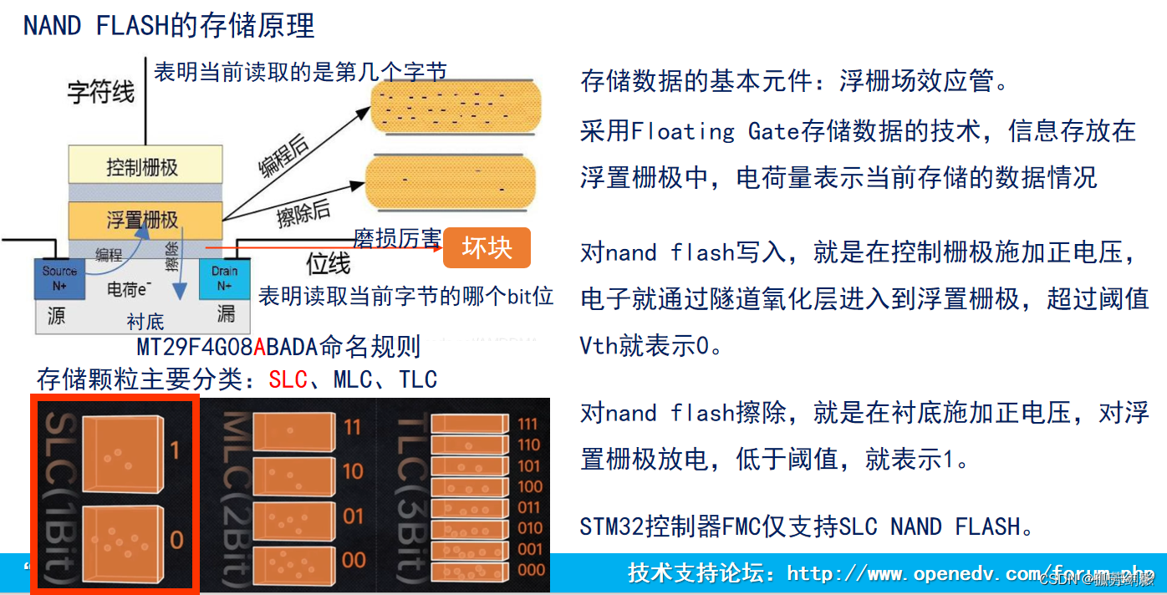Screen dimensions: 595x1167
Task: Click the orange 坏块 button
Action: [487, 248]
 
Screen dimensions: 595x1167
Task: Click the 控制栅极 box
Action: [145, 167]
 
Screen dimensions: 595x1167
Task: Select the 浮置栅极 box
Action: [145, 220]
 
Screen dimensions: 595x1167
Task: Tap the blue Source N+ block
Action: [59, 278]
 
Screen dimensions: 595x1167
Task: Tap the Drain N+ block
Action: [224, 278]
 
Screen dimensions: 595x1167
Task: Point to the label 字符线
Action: [101, 93]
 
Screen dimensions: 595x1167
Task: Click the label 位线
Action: [328, 265]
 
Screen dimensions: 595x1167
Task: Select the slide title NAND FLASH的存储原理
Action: [169, 26]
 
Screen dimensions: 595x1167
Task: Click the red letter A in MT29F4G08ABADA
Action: [259, 347]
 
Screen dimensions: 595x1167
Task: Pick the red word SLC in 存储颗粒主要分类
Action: [288, 379]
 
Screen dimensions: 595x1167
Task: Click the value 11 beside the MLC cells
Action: [353, 427]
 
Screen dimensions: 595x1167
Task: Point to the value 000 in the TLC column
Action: [529, 569]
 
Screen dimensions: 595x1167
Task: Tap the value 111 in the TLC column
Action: [527, 424]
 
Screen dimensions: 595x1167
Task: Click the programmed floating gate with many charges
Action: [456, 107]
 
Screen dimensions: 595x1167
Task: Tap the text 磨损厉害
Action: [397, 239]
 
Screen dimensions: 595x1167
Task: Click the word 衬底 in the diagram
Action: [145, 322]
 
